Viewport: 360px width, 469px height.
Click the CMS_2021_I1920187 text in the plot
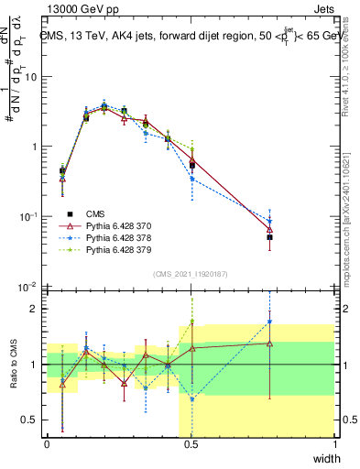click(190, 274)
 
